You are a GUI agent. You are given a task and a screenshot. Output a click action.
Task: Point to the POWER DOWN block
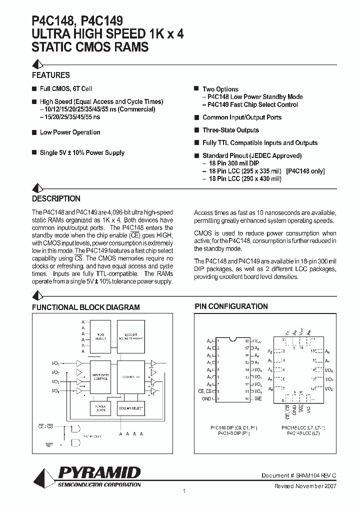coord(99,408)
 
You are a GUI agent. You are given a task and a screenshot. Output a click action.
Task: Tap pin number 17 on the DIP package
coord(246,347)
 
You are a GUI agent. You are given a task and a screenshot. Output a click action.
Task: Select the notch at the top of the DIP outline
coord(232,338)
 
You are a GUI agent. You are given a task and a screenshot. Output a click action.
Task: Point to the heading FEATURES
coord(51,75)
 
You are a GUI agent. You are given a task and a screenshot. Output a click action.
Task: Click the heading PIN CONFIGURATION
coord(231,306)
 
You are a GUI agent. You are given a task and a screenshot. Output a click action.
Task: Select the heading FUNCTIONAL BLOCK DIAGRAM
coord(86,307)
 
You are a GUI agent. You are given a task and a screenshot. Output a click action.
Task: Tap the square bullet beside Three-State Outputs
coord(197,130)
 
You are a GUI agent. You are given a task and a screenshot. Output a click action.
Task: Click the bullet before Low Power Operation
coord(34,132)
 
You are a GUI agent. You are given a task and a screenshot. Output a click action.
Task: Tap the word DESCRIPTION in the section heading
coord(56,198)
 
